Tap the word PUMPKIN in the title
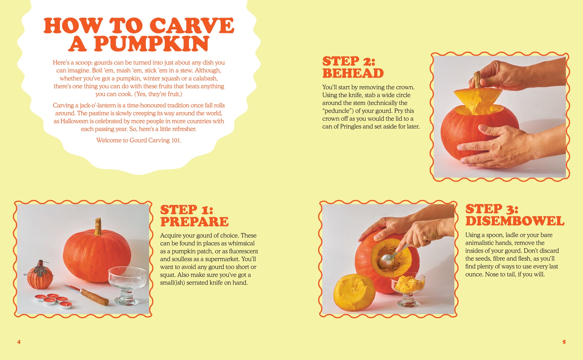click(152, 44)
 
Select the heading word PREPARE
click(194, 222)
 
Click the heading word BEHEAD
click(353, 73)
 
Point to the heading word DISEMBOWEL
click(515, 221)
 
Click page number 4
click(19, 342)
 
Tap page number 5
click(564, 342)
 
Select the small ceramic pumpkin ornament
click(39, 275)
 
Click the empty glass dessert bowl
click(127, 285)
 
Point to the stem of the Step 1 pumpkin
click(98, 226)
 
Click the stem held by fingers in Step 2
click(477, 79)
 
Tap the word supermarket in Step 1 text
click(222, 259)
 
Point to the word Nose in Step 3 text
click(499, 274)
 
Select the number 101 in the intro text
click(176, 140)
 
